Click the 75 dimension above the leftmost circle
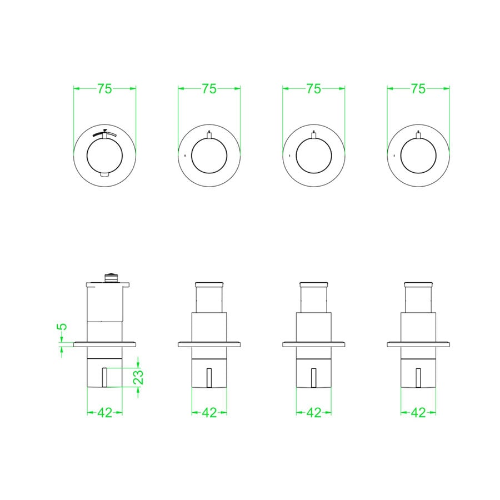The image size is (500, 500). coord(104,89)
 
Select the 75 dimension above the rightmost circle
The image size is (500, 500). coord(418,89)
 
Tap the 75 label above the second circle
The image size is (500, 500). coord(209,89)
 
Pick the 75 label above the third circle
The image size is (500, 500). coord(314,89)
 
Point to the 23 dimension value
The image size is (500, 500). coord(138,377)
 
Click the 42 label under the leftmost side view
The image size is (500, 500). coord(104,413)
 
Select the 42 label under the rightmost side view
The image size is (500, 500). coord(418,413)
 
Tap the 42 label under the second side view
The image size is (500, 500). coord(209,413)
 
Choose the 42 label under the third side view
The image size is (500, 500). coord(314,413)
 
